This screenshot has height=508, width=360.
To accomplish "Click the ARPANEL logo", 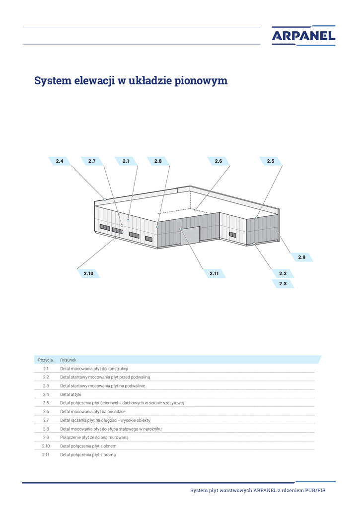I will click(303, 35).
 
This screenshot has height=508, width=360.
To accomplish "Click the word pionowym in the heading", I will click(201, 81).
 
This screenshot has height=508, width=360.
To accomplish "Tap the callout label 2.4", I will click(60, 161).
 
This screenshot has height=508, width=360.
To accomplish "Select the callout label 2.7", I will click(92, 161).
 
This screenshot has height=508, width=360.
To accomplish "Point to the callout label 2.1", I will click(126, 161).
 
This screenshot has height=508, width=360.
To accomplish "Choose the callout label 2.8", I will click(158, 161).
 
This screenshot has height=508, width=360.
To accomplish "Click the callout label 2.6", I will click(218, 161).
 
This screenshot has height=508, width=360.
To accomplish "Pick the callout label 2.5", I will click(271, 161).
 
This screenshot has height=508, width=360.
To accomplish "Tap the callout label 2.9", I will click(302, 257).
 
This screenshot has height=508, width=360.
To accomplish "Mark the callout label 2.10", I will click(88, 273).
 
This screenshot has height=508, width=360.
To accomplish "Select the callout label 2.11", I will click(214, 273).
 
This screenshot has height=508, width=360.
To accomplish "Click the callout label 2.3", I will click(283, 284).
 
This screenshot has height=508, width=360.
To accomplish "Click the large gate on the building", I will click(190, 236).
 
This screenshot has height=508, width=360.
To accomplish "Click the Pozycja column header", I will click(46, 360).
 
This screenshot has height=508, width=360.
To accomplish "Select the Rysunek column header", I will click(68, 360).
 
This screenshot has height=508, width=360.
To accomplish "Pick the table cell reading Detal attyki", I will click(71, 394).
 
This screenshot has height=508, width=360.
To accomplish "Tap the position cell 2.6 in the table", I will click(46, 411).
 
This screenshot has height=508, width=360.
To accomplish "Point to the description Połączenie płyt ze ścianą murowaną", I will click(94, 437).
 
